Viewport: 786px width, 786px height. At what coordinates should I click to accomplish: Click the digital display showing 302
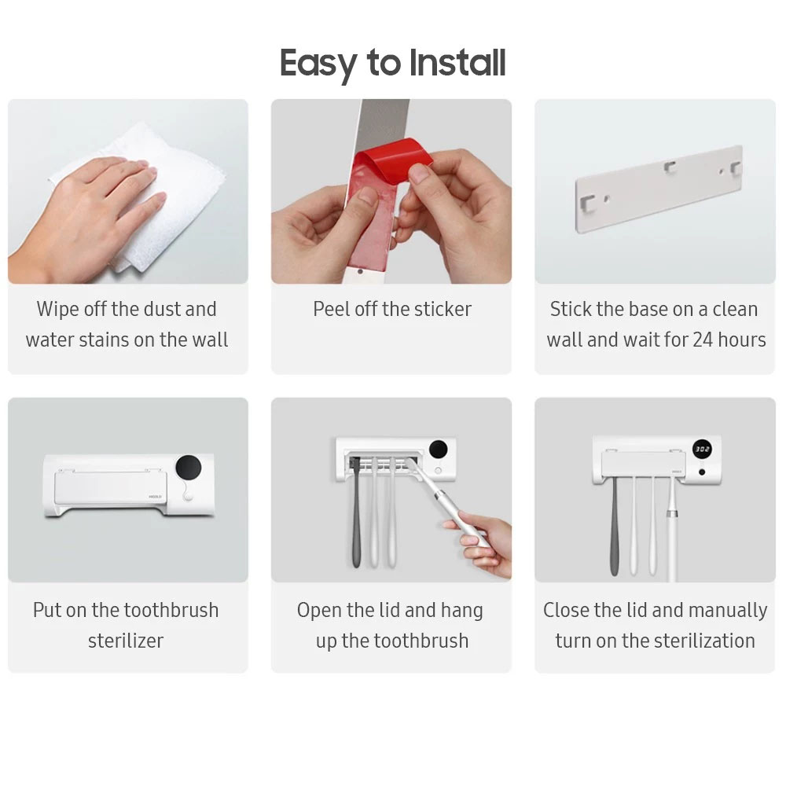coord(702,450)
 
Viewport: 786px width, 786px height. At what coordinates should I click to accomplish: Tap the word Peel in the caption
coord(331,309)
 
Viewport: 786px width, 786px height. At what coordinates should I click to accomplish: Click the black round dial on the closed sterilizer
coord(187,468)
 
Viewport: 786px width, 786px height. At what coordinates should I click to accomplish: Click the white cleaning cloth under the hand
coord(181,196)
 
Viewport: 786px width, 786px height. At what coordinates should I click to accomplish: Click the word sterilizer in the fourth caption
coord(126,641)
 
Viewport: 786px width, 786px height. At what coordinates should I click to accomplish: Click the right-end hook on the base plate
coord(734,168)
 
